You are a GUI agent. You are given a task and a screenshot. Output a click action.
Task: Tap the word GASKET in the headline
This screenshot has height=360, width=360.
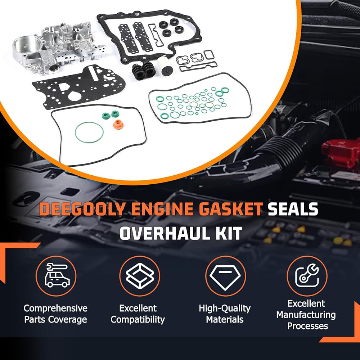tap(230, 209)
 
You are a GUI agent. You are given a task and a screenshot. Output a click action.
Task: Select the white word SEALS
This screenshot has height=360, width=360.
tap(293, 209)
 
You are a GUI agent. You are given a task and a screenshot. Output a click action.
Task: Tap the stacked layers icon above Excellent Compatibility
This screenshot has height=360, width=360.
tap(140, 276)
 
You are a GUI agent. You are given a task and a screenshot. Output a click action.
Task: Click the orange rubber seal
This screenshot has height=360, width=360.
tap(118, 125)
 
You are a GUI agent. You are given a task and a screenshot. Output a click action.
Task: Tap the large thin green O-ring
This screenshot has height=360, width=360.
tap(89, 132)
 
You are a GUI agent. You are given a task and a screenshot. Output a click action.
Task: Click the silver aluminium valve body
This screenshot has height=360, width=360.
tap(57, 47)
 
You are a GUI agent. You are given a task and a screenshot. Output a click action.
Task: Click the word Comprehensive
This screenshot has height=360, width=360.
tap(55, 309)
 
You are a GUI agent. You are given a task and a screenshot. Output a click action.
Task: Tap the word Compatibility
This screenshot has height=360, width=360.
tap(138, 320)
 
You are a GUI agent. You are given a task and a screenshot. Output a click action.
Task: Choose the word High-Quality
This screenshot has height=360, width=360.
tap(225, 309)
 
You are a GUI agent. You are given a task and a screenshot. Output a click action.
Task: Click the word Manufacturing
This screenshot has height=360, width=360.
tap(306, 315)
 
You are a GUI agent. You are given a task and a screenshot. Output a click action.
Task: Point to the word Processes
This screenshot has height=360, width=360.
tap(307, 326)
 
